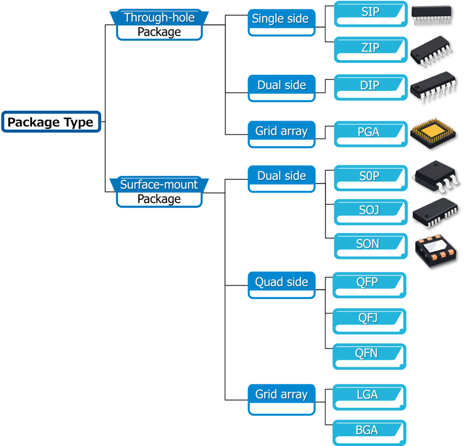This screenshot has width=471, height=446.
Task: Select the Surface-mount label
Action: [x=159, y=185]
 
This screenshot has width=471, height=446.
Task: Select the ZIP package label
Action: [x=370, y=48]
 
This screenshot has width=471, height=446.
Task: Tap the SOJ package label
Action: [x=369, y=211]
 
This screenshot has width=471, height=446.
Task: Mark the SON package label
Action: [x=368, y=244]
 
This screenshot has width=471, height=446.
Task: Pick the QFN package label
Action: [x=367, y=354]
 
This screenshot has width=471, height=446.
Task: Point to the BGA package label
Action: [x=367, y=430]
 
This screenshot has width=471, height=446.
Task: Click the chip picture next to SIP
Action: [x=431, y=15]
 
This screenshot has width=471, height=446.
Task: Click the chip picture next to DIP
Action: [x=433, y=86]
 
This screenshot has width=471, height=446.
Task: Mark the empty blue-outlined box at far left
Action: [x=51, y=122]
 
